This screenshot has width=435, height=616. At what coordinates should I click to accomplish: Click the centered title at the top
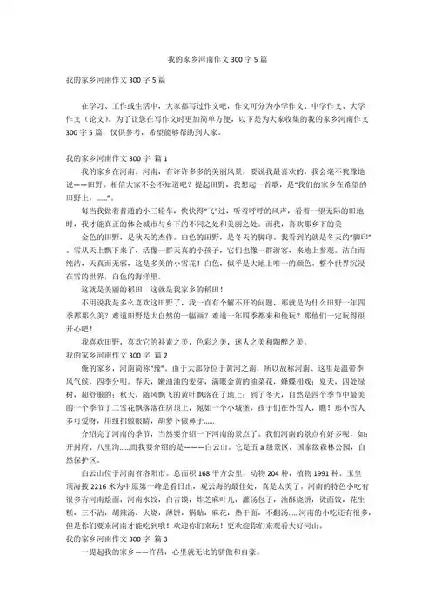point(217,64)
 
